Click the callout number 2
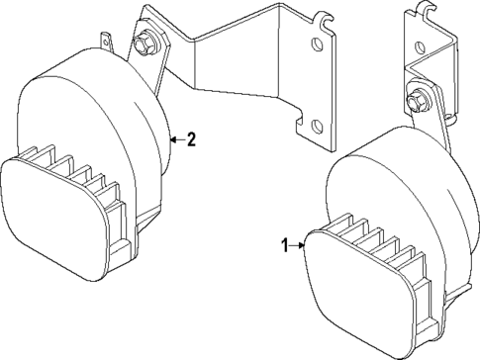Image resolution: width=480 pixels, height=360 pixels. point(191,139)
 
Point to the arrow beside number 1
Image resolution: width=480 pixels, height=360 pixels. point(298,246)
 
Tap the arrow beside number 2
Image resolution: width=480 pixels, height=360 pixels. point(176,139)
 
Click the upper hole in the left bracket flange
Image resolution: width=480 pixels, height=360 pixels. point(316,45)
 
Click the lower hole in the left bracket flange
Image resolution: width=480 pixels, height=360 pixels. point(316,126)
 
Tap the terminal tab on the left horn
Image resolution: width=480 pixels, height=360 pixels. point(107,42)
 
